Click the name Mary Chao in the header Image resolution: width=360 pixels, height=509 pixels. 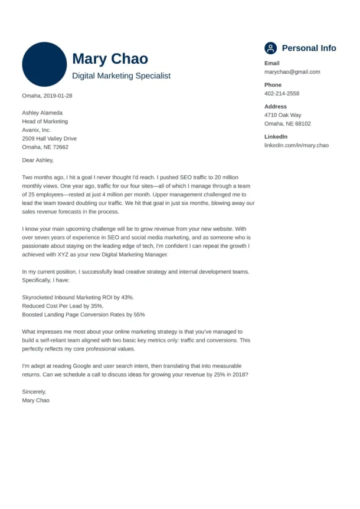pos(110,59)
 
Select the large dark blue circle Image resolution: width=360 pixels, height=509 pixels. pos(44,64)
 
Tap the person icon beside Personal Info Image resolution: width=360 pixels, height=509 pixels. pos(270,48)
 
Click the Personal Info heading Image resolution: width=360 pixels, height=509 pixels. pos(309,48)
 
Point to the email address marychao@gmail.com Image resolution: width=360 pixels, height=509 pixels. pos(292,72)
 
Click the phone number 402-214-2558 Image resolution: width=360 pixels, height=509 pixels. pos(282,94)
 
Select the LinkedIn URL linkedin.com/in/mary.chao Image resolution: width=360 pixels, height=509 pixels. pos(296,145)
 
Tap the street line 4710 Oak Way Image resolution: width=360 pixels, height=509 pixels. pos(283,115)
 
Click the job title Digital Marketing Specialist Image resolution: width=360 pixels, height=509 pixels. pos(121,76)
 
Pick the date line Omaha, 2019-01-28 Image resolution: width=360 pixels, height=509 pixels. pos(47,96)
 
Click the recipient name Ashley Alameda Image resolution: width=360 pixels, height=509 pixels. pos(42,113)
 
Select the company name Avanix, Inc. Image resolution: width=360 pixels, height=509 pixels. pos(37,130)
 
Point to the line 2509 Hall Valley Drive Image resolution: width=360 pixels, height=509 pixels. pos(49,139)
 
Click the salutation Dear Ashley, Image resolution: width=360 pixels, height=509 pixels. pos(38,160)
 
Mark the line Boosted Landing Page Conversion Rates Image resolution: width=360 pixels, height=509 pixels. pos(83,315)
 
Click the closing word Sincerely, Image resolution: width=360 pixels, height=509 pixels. pos(34,391)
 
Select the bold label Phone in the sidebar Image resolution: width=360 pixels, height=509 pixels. pos(273,85)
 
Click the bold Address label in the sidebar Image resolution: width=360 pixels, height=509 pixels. pos(276,107)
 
